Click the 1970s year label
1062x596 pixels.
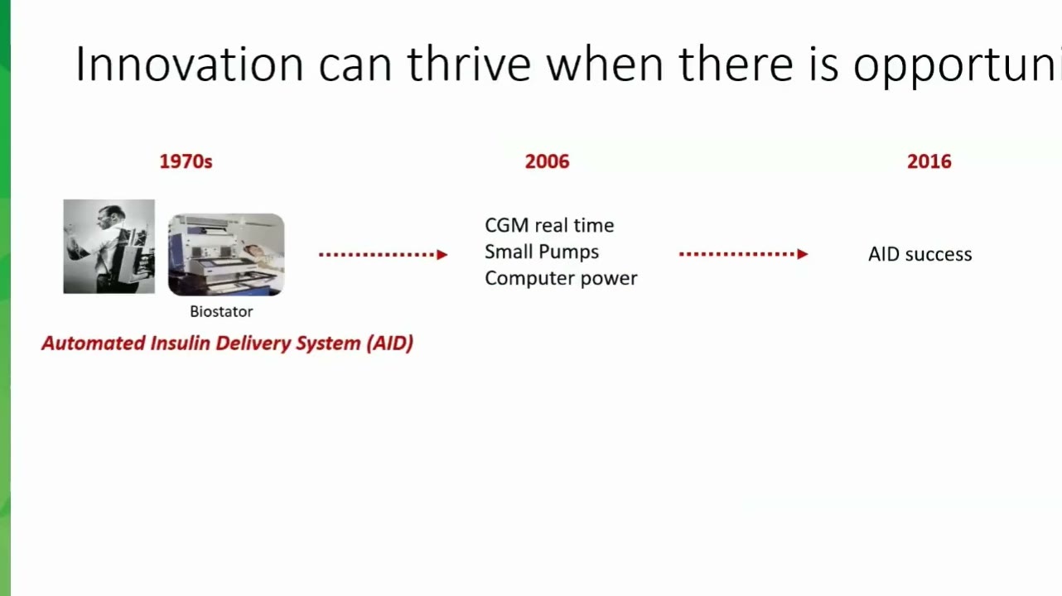pyautogui.click(x=186, y=161)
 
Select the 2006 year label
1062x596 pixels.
pyautogui.click(x=547, y=161)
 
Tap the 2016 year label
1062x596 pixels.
pyautogui.click(x=929, y=161)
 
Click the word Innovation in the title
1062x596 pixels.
pyautogui.click(x=189, y=64)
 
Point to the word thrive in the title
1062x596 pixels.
pyautogui.click(x=469, y=64)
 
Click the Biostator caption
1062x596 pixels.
pyautogui.click(x=221, y=312)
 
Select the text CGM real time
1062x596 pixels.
pyautogui.click(x=549, y=225)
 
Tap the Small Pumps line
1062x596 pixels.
pyautogui.click(x=542, y=252)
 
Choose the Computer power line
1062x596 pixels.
pyautogui.click(x=562, y=279)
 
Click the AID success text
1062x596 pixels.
pyautogui.click(x=920, y=254)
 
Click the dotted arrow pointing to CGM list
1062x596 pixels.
pyautogui.click(x=383, y=255)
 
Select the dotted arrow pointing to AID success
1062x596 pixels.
pyautogui.click(x=743, y=254)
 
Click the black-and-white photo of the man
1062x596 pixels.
pyautogui.click(x=109, y=247)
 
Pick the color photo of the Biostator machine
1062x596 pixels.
pyautogui.click(x=226, y=255)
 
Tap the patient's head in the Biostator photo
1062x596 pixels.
pyautogui.click(x=254, y=251)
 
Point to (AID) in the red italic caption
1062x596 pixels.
pyautogui.click(x=389, y=343)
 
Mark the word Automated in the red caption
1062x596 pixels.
pyautogui.click(x=94, y=343)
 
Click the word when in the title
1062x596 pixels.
pyautogui.click(x=605, y=64)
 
